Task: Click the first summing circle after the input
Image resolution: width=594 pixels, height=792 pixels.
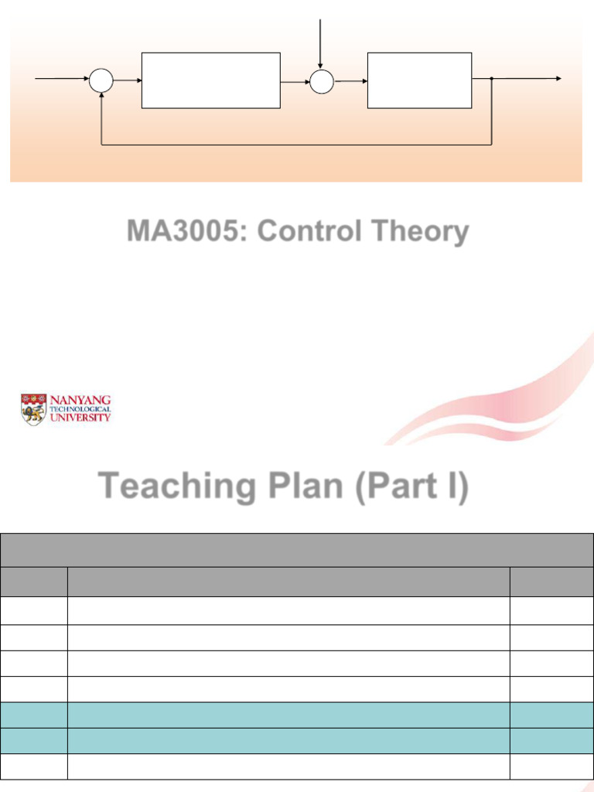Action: click(101, 80)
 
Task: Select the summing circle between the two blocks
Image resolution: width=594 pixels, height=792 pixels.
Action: click(321, 80)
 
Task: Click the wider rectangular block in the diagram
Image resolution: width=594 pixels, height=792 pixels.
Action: click(210, 80)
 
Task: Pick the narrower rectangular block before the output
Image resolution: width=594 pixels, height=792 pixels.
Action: click(419, 80)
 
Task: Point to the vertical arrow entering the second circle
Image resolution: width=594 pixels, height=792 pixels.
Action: click(321, 43)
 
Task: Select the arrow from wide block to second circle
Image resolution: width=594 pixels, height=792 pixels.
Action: click(295, 80)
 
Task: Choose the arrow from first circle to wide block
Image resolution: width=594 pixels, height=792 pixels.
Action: click(128, 80)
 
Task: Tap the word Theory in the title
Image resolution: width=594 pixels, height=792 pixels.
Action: click(422, 231)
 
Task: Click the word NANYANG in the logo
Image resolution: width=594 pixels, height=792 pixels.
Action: click(80, 400)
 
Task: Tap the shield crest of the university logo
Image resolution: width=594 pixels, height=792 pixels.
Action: click(33, 410)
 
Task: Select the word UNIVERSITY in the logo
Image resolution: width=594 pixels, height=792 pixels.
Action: click(80, 417)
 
